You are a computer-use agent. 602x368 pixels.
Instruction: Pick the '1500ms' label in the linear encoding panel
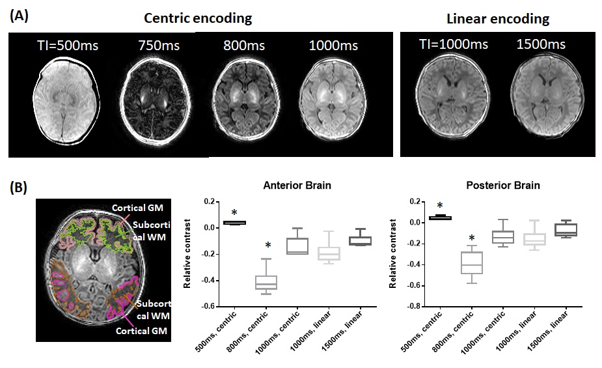tap(541, 44)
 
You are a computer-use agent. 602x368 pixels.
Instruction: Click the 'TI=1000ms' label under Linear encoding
tap(453, 44)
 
